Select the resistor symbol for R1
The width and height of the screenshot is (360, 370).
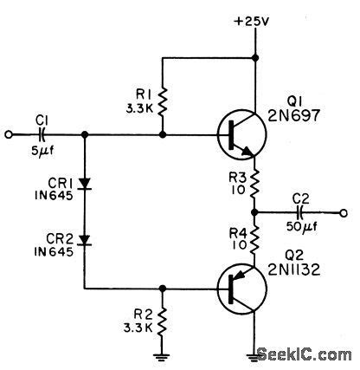click(163, 99)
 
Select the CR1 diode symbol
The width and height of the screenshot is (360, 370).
click(84, 184)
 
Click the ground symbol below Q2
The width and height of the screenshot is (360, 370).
click(254, 354)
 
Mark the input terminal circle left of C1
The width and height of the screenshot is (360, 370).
click(10, 135)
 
